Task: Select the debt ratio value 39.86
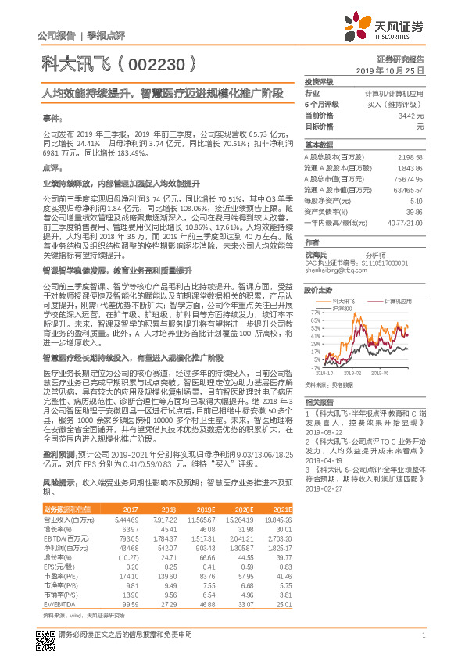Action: [413, 211]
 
